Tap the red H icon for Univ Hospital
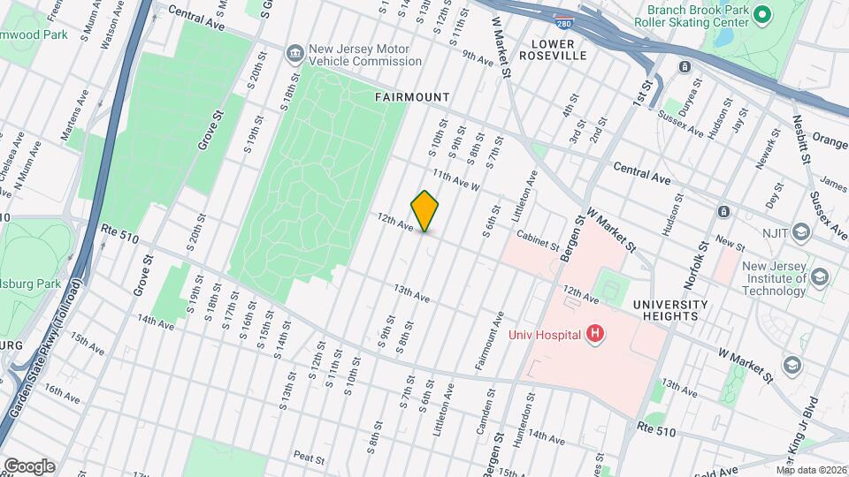tap(596, 334)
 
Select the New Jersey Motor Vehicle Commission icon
tap(293, 55)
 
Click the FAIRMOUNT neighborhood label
tap(412, 97)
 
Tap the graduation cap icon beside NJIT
tap(801, 232)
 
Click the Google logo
tap(28, 466)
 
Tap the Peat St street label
tap(310, 458)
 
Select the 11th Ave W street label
tap(455, 181)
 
